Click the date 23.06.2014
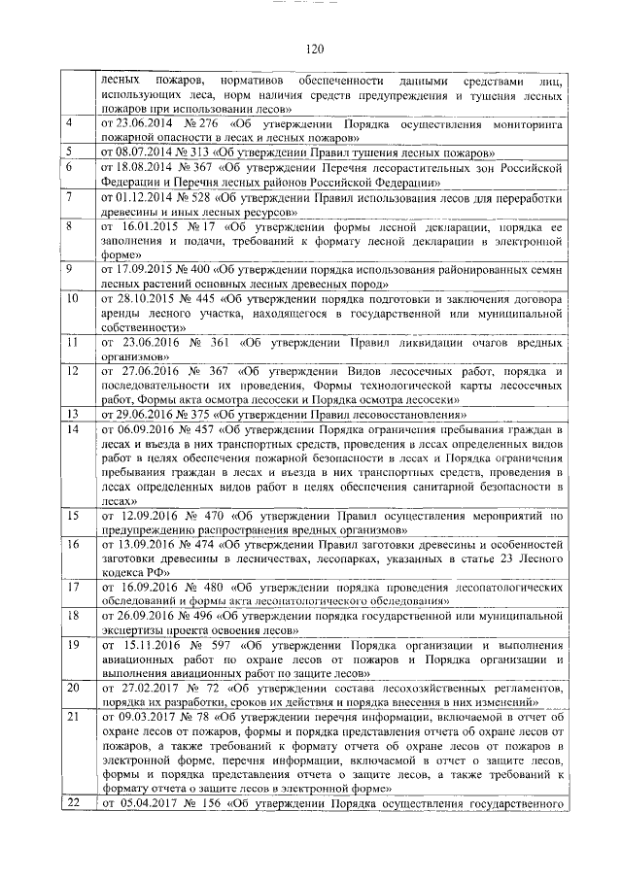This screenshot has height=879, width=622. click(142, 125)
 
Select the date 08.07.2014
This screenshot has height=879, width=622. click(142, 153)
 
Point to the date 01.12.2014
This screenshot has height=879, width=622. click(142, 196)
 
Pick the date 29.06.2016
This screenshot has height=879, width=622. click(142, 413)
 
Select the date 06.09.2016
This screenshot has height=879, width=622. click(142, 427)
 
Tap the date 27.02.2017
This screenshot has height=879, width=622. click(146, 688)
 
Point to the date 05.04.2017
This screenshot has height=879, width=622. click(144, 803)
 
